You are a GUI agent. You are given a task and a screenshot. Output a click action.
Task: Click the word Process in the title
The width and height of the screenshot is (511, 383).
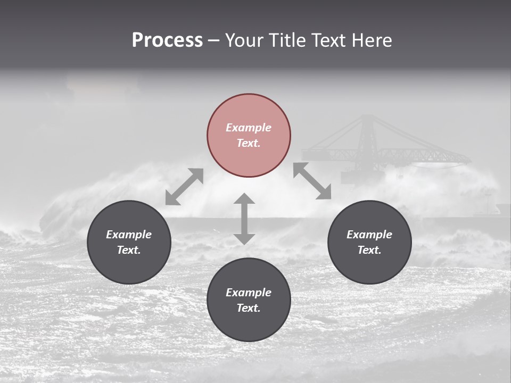click(167, 40)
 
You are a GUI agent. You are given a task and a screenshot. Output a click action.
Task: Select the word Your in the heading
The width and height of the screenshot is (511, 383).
click(244, 40)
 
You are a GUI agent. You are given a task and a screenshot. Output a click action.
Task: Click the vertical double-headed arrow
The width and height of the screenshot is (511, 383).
click(244, 219)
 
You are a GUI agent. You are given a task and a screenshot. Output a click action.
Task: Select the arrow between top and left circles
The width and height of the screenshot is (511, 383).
click(184, 187)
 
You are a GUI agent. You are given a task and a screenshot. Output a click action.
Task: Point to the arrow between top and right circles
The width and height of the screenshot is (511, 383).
click(312, 181)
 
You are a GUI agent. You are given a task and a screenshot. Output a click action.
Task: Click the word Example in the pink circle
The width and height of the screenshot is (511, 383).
click(249, 128)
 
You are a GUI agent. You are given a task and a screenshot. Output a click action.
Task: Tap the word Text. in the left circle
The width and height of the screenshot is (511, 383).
click(129, 250)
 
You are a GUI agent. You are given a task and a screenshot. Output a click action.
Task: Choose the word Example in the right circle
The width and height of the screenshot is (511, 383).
click(369, 235)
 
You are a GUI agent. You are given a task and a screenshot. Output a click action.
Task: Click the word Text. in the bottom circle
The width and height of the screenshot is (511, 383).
click(249, 308)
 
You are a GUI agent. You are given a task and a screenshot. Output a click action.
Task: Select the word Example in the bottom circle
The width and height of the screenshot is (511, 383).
click(249, 293)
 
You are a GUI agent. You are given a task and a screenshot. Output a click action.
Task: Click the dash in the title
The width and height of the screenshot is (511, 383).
click(213, 40)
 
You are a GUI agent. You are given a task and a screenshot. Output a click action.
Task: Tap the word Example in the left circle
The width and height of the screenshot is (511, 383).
click(129, 235)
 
